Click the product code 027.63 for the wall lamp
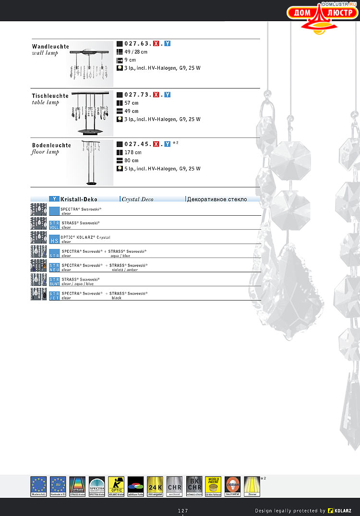point(138,44)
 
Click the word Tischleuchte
point(50,96)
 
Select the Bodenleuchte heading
point(51,145)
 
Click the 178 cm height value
point(133,152)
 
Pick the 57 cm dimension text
point(132,103)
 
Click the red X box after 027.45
point(156,144)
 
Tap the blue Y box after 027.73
point(168,95)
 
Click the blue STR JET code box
point(54,295)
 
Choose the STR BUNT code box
point(54,282)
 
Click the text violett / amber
point(124,270)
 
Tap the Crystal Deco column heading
point(138,199)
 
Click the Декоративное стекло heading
point(217,199)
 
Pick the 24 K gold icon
point(155,486)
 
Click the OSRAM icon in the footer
point(232,486)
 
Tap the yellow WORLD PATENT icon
point(213,486)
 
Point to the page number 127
point(183,510)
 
